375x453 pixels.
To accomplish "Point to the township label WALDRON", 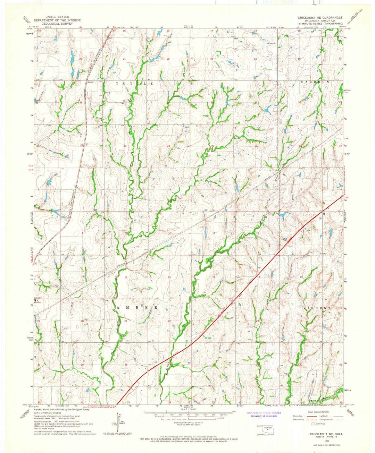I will (315, 82).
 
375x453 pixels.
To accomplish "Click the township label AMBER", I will (137, 308).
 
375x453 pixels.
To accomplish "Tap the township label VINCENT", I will (317, 308).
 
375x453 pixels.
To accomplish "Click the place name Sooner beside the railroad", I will (91, 82).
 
